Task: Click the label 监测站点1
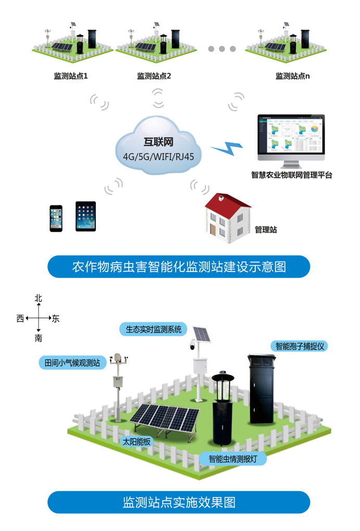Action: (71, 76)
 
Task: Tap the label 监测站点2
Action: (154, 76)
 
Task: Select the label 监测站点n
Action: (293, 76)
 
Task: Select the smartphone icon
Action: (56, 218)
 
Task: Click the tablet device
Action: (85, 216)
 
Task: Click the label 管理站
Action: (265, 230)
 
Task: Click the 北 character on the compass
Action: (38, 299)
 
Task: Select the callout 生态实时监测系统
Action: (153, 329)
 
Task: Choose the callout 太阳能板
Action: (136, 441)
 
